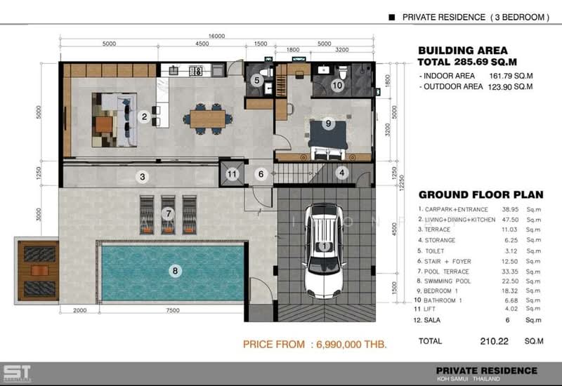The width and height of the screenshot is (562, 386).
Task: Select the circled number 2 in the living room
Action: [x=144, y=117]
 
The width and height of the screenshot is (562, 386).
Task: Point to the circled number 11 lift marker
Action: [x=232, y=174]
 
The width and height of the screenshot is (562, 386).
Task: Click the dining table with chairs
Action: [x=207, y=117]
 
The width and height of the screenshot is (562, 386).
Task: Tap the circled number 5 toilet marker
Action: [x=257, y=81]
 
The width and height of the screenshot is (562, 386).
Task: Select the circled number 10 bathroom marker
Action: [x=337, y=86]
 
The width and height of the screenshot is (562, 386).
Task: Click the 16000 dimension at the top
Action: [x=216, y=36]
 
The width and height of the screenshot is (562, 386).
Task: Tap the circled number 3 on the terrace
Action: [x=142, y=176]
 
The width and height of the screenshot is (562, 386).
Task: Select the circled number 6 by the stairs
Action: [x=260, y=174]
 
